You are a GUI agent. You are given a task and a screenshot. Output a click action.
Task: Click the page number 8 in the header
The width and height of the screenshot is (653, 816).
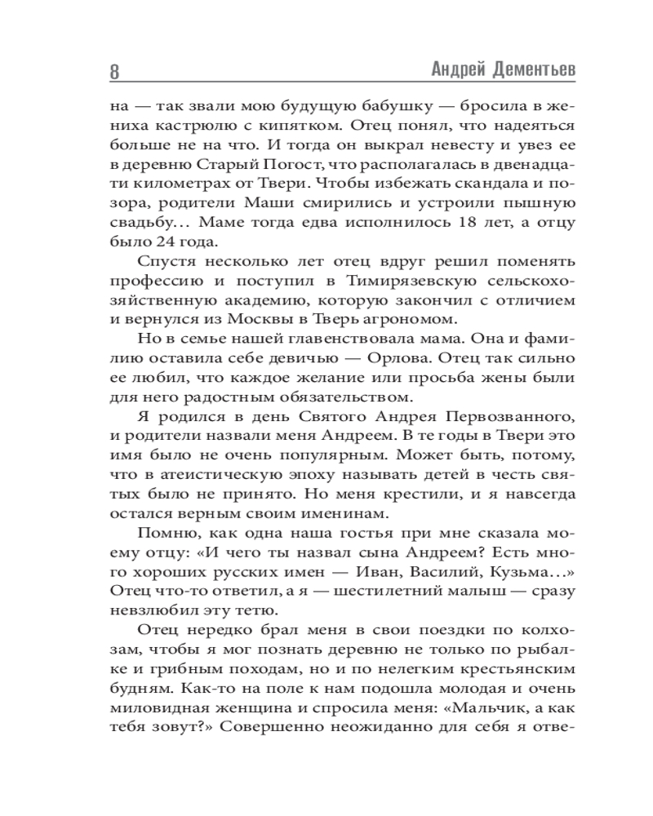coord(113,71)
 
